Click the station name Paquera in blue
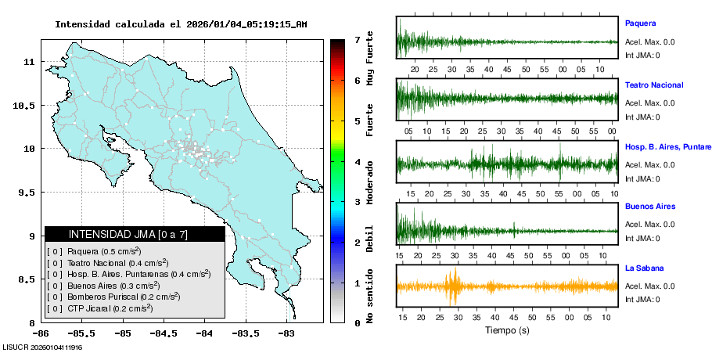tap(640, 23)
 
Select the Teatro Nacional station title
tap(654, 85)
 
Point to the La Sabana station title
tap(644, 268)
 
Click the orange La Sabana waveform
tap(507, 286)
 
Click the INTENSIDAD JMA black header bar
tap(135, 234)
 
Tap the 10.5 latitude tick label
tap(26, 106)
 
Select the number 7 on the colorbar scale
tap(357, 39)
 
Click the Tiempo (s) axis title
tap(506, 330)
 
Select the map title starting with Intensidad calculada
tap(181, 24)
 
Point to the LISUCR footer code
tap(43, 347)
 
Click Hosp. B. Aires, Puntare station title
tap(667, 146)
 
